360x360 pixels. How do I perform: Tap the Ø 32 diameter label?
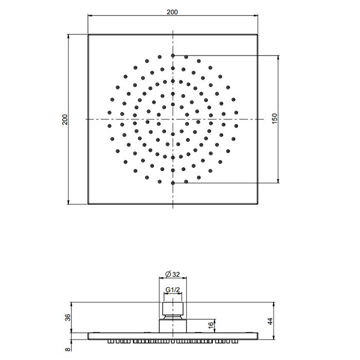click(173, 274)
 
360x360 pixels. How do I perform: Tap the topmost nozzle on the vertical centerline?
click(173, 55)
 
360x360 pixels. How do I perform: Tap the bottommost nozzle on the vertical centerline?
click(173, 183)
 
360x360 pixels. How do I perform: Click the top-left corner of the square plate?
click(88, 34)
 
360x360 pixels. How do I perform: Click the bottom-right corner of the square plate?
click(258, 204)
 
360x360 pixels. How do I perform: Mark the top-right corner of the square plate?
click(258, 34)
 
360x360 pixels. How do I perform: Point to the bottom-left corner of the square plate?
click(88, 204)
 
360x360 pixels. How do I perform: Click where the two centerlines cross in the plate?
click(173, 119)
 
